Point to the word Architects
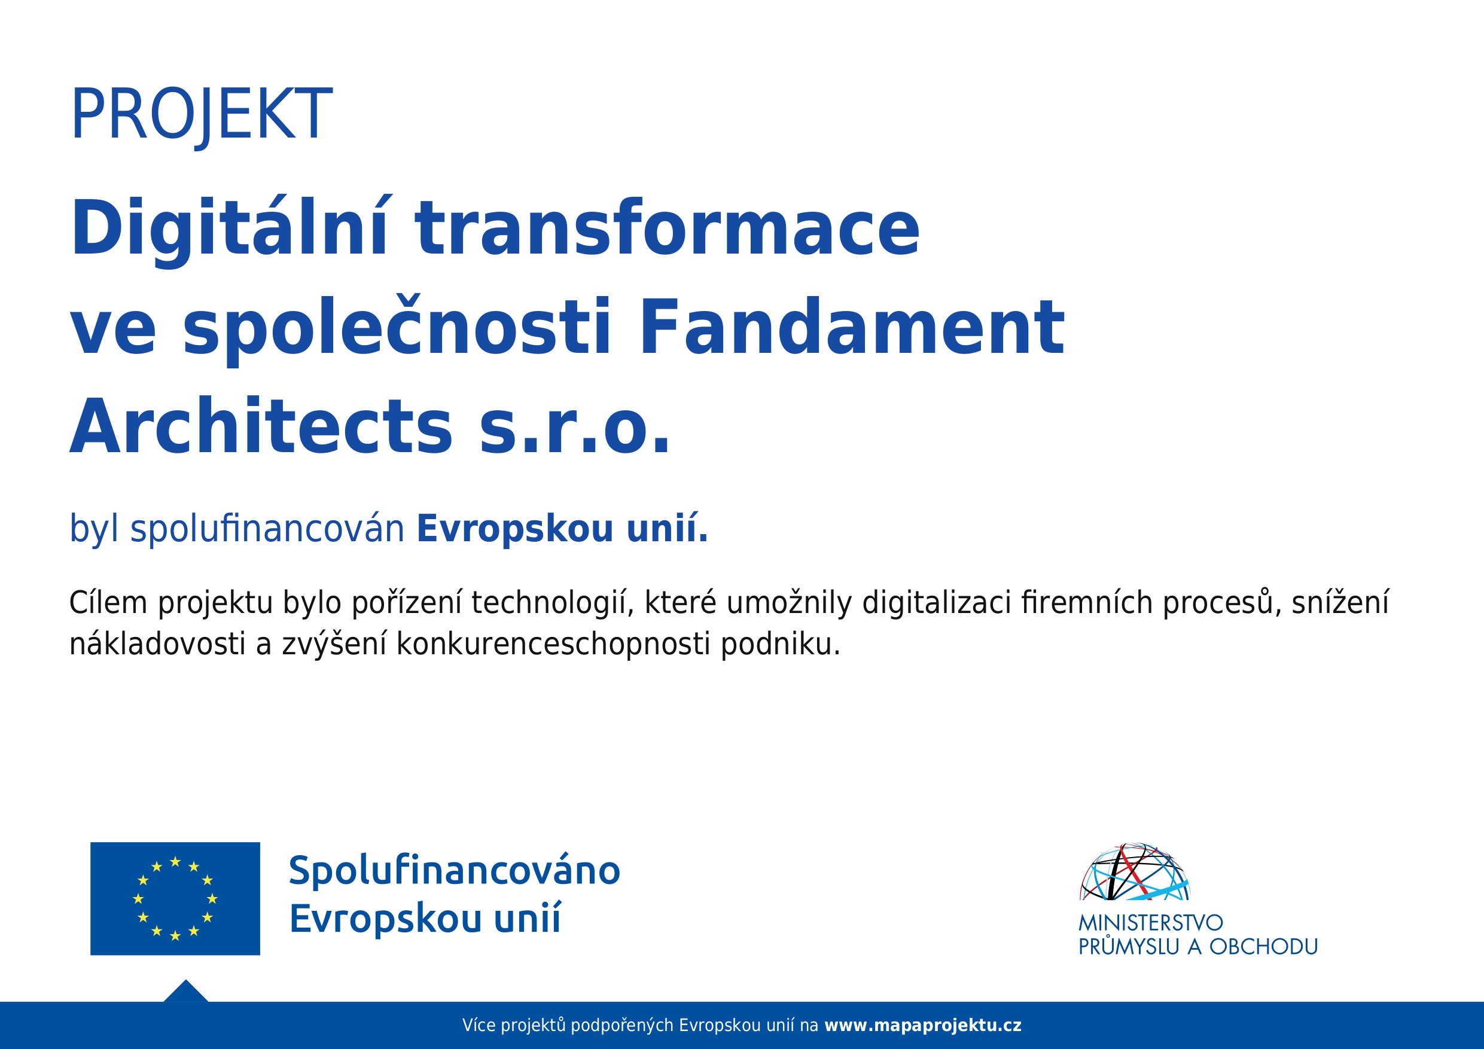[261, 426]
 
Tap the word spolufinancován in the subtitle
[267, 529]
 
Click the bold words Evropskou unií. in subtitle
[562, 529]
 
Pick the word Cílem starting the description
[109, 602]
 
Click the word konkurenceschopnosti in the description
[553, 644]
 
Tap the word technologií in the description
[553, 603]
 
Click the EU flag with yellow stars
[175, 898]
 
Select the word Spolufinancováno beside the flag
[455, 871]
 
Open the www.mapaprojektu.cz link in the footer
[923, 1026]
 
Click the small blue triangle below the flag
[185, 992]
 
